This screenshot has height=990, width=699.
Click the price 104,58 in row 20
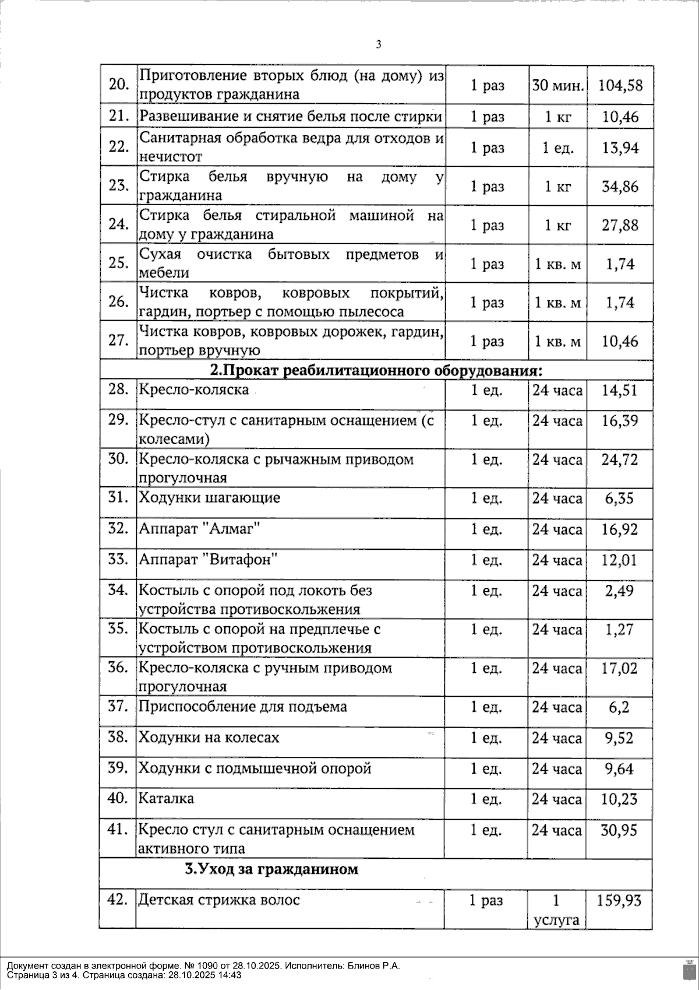pos(620,86)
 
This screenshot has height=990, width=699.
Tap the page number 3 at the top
pos(379,44)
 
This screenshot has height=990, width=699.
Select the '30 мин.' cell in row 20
pos(557,86)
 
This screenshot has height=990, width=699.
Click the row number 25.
pos(118,263)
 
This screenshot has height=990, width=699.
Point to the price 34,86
pos(620,187)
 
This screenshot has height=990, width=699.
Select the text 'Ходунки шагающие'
pos(209,498)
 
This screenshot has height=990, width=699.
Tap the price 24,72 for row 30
pos(620,459)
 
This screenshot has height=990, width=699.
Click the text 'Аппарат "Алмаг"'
pos(199,529)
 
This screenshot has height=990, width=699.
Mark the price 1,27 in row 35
pos(619,629)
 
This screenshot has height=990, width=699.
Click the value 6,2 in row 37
pos(620,707)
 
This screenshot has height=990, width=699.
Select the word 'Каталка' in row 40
pos(166,798)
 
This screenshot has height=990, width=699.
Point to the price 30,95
pos(619,830)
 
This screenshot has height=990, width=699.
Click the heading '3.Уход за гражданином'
pos(271,869)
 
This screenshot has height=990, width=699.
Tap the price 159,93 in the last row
pos(619,901)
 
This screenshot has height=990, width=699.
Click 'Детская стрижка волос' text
pos(219,900)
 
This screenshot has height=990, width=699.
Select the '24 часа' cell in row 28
pos(557,390)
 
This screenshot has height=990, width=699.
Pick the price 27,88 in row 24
pos(620,225)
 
